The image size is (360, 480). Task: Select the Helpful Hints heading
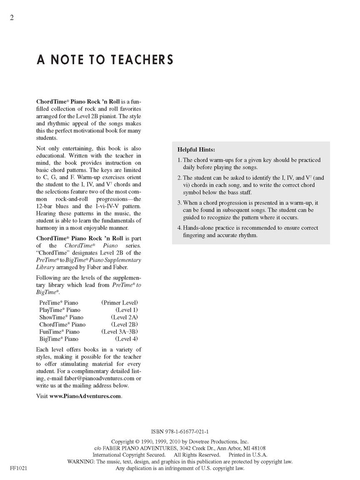click(196, 149)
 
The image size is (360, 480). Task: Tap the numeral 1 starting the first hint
click(179, 160)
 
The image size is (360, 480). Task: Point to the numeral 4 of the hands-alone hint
click(179, 228)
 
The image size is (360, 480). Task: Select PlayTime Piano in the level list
click(60, 310)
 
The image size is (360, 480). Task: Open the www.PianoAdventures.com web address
click(85, 396)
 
